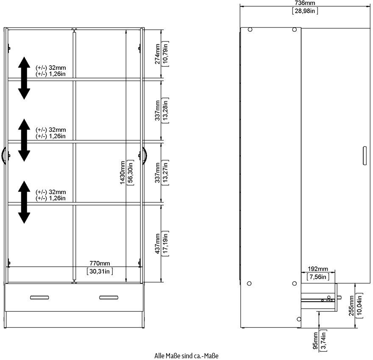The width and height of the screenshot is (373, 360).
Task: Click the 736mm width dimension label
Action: tap(305, 3)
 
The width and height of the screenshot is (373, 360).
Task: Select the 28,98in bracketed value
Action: tap(305, 11)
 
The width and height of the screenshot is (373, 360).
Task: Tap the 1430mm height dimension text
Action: tap(122, 172)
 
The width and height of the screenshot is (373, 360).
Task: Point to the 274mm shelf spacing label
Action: tap(158, 54)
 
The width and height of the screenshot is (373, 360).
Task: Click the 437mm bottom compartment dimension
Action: tap(158, 244)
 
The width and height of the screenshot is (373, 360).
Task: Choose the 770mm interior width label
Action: tap(100, 263)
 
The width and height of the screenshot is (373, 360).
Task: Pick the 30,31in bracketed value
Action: tap(100, 271)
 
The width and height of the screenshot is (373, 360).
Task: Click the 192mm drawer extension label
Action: tap(318, 269)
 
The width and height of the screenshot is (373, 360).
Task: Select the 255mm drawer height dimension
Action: tap(351, 306)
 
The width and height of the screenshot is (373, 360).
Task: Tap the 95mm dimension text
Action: tap(315, 341)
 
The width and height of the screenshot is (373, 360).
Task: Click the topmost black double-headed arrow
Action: tap(24, 78)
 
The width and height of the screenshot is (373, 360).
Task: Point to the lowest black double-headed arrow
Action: tap(24, 202)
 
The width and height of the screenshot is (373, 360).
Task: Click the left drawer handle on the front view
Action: tap(39, 297)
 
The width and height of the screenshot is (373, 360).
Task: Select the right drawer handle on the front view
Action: tap(109, 297)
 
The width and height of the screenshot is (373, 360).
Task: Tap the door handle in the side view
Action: tap(365, 155)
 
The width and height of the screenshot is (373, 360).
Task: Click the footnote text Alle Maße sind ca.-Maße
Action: tap(186, 356)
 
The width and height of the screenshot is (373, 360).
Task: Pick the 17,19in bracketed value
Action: tap(165, 244)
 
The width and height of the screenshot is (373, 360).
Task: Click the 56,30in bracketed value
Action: tap(131, 172)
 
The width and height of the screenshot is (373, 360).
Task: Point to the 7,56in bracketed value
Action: tap(318, 277)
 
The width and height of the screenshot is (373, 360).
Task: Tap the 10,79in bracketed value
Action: tap(165, 54)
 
